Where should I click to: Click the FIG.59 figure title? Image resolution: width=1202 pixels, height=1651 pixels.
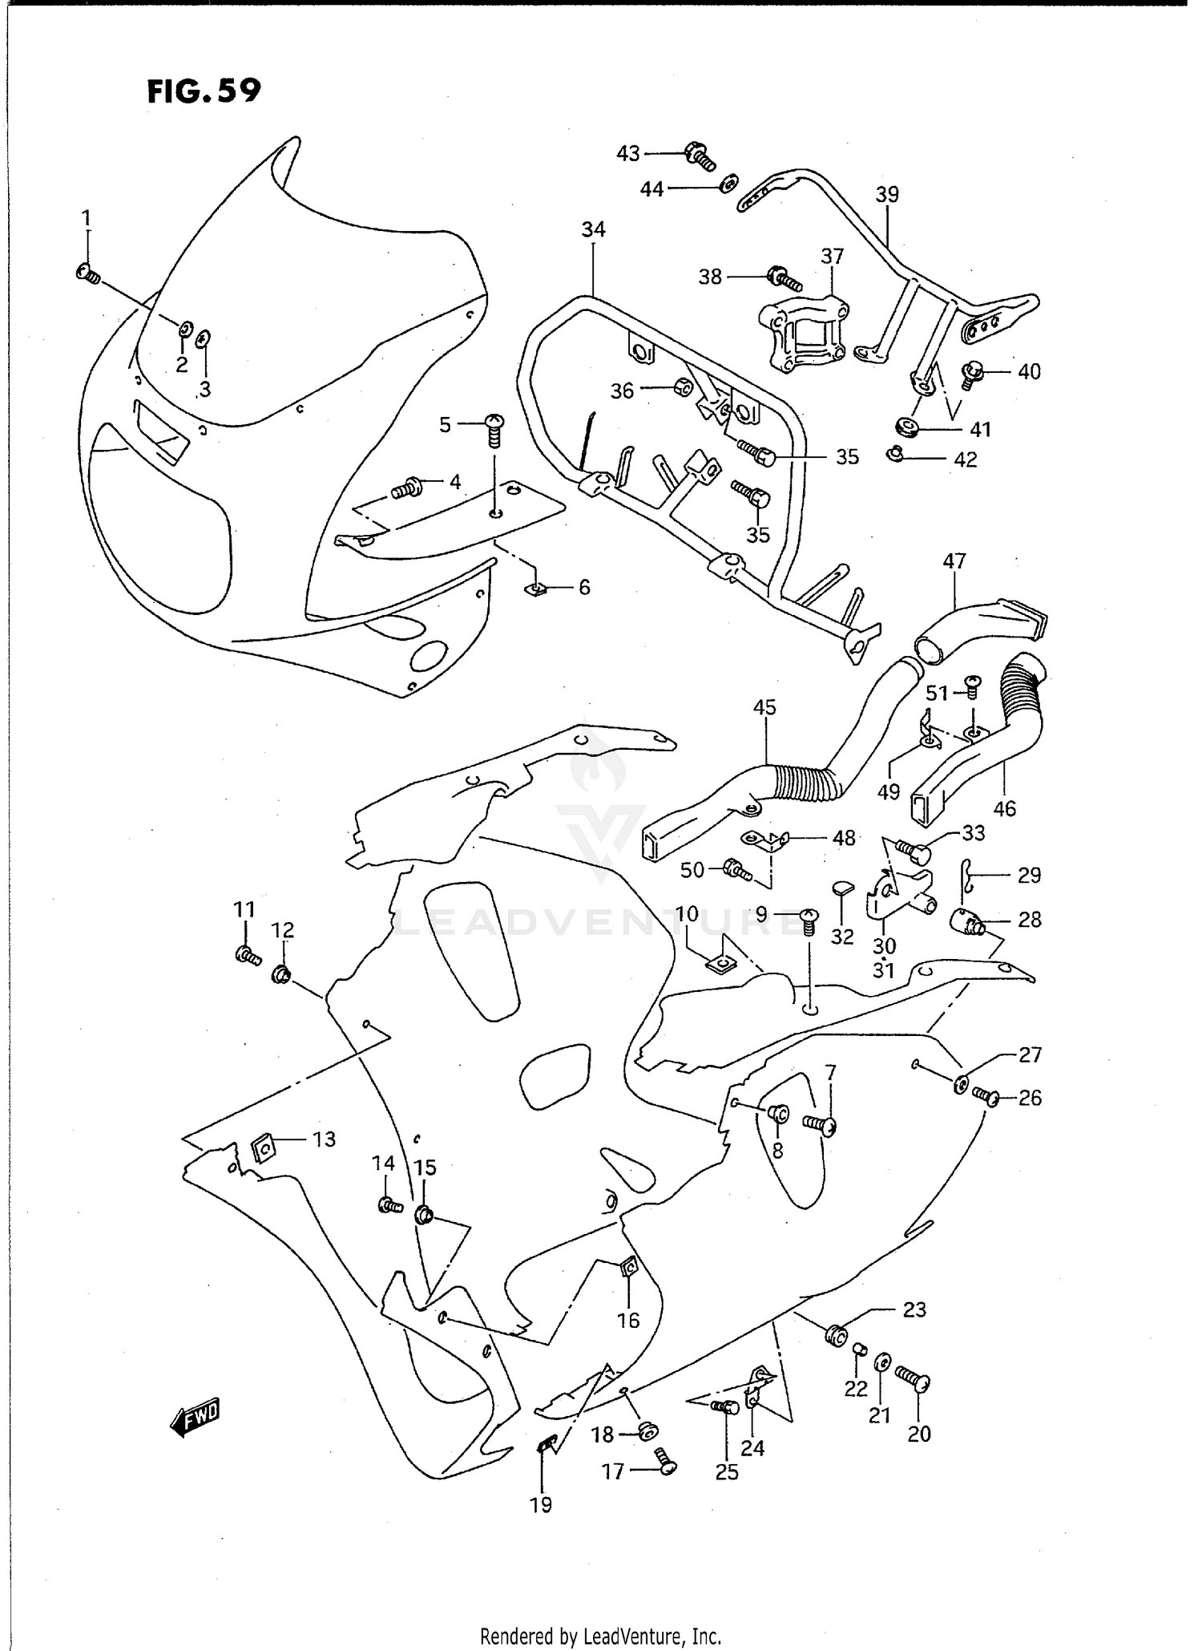204,91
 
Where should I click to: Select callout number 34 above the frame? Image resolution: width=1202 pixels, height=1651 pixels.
593,230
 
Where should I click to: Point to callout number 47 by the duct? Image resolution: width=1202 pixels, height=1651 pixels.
954,561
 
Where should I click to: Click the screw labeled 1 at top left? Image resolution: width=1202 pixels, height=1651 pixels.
87,274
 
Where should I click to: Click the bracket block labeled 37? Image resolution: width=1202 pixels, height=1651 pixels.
803,334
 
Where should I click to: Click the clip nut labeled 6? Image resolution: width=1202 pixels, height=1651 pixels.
536,590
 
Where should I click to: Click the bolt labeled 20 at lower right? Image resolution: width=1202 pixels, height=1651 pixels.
914,1379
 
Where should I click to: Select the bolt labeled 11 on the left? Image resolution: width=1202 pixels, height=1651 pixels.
247,954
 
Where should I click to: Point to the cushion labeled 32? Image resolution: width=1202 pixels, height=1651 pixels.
841,887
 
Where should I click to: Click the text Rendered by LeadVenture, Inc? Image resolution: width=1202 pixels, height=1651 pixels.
600,1635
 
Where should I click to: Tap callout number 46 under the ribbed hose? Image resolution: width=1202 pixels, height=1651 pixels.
1004,808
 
